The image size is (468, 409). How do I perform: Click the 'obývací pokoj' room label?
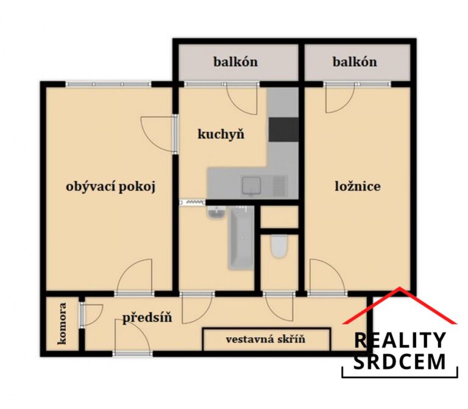[110, 187]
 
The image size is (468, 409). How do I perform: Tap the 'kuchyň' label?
[221, 134]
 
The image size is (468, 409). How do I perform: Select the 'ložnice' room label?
[358, 187]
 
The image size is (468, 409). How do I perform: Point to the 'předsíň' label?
[147, 318]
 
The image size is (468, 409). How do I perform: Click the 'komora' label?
[62, 324]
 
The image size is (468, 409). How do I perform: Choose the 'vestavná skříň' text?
[265, 339]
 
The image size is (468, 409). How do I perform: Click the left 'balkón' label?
[235, 62]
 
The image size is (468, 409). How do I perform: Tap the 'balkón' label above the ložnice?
[355, 62]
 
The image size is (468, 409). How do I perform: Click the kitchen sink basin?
[251, 185]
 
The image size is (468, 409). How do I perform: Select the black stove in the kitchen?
[283, 130]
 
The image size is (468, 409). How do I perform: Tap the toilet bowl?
[279, 246]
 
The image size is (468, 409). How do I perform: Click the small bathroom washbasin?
[216, 213]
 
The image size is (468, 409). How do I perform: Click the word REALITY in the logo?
[400, 340]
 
